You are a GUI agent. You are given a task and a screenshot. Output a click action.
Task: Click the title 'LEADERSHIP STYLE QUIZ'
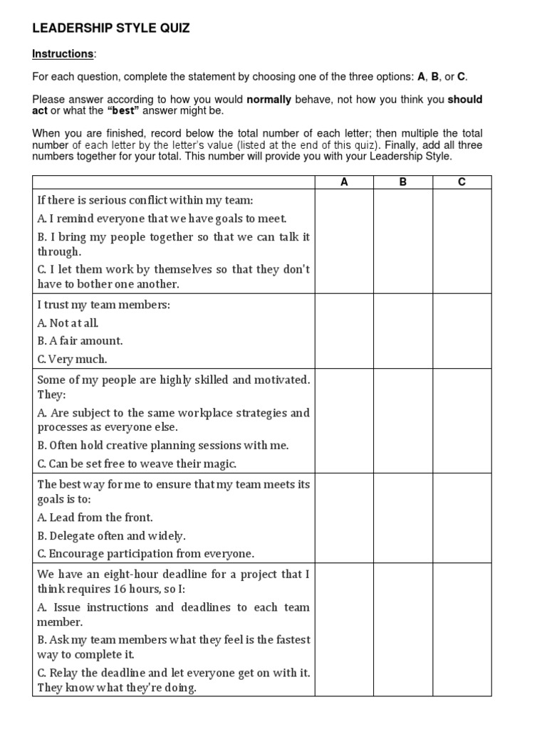[x=111, y=28]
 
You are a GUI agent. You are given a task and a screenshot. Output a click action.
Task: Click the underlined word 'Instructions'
[x=63, y=54]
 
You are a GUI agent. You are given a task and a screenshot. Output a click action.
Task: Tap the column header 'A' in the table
[x=344, y=182]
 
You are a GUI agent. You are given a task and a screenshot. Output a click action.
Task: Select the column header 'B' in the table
[x=403, y=182]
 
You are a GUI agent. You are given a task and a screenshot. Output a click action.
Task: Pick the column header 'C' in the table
[x=462, y=182]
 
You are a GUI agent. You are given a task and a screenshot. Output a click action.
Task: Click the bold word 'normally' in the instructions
[x=269, y=100]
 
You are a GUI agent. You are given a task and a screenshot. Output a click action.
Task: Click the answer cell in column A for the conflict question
[x=344, y=241]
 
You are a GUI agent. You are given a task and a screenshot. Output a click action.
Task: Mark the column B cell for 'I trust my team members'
[x=403, y=331]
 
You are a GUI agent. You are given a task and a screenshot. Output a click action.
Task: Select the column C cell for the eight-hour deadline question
[x=462, y=629]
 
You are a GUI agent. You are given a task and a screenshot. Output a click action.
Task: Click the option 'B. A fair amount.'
[x=80, y=341]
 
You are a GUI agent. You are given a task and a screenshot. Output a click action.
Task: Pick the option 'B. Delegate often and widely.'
[x=111, y=536]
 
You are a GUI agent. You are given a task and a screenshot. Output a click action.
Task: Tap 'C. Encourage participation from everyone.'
[x=145, y=554]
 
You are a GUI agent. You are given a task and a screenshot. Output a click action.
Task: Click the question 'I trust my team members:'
[x=104, y=305]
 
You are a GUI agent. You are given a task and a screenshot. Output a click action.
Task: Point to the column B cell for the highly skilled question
[x=403, y=421]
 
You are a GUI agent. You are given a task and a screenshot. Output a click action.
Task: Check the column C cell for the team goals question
[x=462, y=518]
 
